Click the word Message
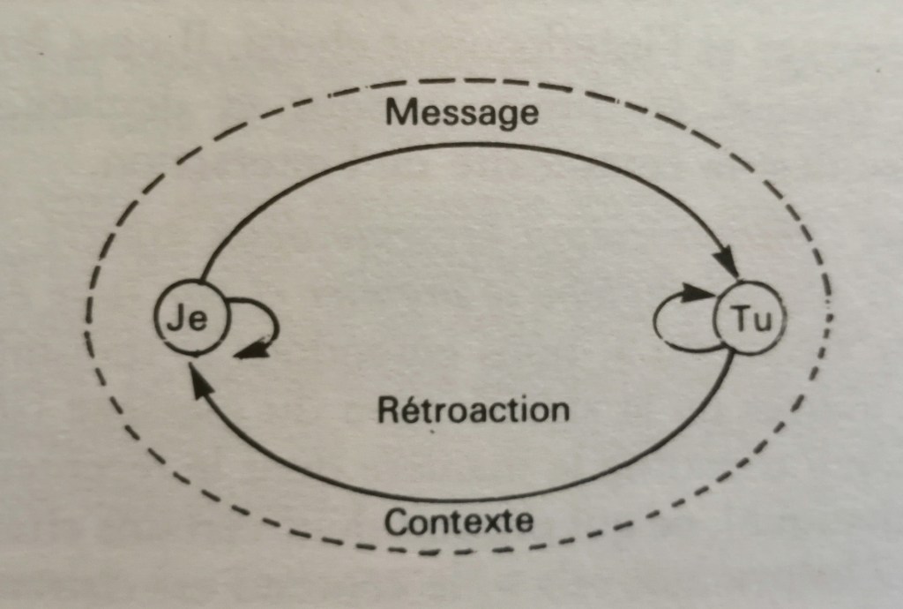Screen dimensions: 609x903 click(x=462, y=112)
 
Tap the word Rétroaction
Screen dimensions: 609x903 click(x=473, y=410)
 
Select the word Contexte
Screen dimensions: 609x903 click(x=459, y=522)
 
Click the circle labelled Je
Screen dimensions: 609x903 click(x=189, y=320)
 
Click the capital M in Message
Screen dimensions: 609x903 click(x=400, y=112)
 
